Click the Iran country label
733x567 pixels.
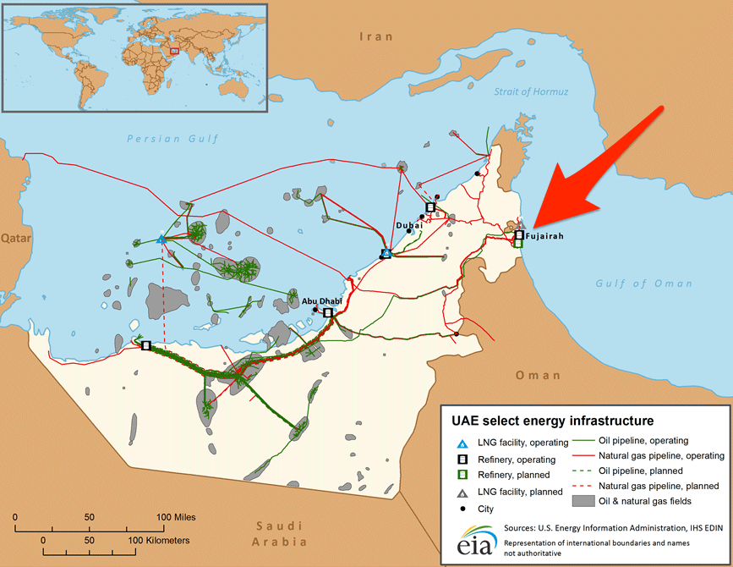click(377, 36)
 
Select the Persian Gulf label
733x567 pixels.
click(172, 138)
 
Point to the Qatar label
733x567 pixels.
click(14, 239)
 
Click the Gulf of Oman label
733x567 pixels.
click(632, 283)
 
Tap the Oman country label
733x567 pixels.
click(538, 375)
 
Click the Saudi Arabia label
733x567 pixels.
click(282, 533)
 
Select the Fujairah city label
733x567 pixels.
click(543, 236)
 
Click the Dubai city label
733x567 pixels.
click(409, 225)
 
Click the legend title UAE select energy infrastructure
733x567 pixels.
click(552, 420)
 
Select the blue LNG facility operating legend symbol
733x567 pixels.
click(462, 443)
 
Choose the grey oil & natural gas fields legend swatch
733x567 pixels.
click(583, 501)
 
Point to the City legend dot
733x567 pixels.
click(462, 509)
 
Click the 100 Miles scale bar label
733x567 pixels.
click(174, 517)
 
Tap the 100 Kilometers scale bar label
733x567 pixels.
click(158, 539)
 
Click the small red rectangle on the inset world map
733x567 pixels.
click(175, 51)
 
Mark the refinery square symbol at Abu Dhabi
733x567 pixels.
click(328, 313)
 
